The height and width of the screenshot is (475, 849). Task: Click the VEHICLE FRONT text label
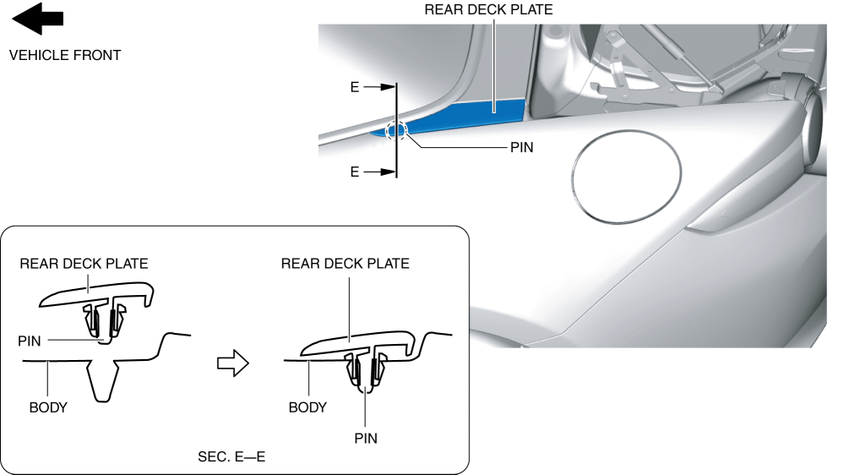coord(65,56)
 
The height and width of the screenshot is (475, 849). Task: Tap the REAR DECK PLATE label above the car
coord(488,10)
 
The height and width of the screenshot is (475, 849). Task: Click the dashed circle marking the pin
coord(396,131)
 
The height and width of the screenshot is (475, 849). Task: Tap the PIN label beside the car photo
coord(522,146)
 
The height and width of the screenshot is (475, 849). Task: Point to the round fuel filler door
coord(626,177)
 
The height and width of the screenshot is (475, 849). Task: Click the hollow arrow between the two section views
coord(233,363)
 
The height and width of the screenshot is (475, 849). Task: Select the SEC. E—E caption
coord(231,457)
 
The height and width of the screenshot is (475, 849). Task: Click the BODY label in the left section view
coord(48,407)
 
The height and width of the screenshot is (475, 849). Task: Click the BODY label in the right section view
coord(307,407)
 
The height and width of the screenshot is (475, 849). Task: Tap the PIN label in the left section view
coord(30,340)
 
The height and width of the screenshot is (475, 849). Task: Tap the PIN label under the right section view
coord(365,439)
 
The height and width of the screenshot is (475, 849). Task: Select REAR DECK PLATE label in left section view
coord(84,264)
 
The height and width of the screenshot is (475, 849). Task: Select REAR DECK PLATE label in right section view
coord(345,264)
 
